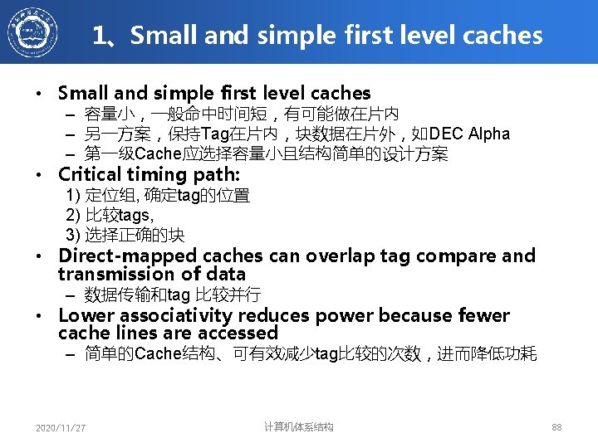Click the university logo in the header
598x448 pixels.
(x=33, y=32)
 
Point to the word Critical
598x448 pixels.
(x=91, y=174)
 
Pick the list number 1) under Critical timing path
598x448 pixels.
(x=73, y=196)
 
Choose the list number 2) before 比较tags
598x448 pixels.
(x=73, y=215)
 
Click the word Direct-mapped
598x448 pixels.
(x=114, y=256)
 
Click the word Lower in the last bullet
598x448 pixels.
(x=86, y=315)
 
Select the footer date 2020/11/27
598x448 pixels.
(x=61, y=428)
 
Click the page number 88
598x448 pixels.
(x=556, y=427)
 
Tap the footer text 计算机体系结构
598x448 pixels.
(x=298, y=427)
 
